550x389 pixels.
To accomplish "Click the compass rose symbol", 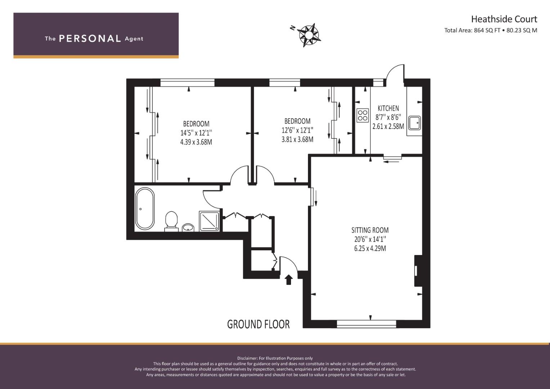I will [309, 35].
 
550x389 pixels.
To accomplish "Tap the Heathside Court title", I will [504, 19].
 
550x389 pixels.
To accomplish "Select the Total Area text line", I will [491, 31].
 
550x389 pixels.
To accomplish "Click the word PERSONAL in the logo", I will [90, 39].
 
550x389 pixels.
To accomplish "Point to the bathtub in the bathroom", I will [145, 209].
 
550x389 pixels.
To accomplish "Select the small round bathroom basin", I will [188, 227].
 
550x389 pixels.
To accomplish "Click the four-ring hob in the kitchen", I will [362, 115].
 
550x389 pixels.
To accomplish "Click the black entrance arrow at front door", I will [289, 280].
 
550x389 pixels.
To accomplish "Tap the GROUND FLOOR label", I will [258, 324].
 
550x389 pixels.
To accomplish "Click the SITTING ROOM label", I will [370, 230].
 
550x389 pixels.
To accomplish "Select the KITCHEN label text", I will [388, 108].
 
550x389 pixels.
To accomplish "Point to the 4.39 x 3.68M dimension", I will [196, 142].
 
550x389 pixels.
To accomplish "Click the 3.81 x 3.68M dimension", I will [297, 139].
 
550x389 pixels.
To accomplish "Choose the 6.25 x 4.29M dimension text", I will [370, 248].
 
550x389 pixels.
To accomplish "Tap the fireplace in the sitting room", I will [417, 271].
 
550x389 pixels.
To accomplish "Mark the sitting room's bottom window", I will [366, 324].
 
